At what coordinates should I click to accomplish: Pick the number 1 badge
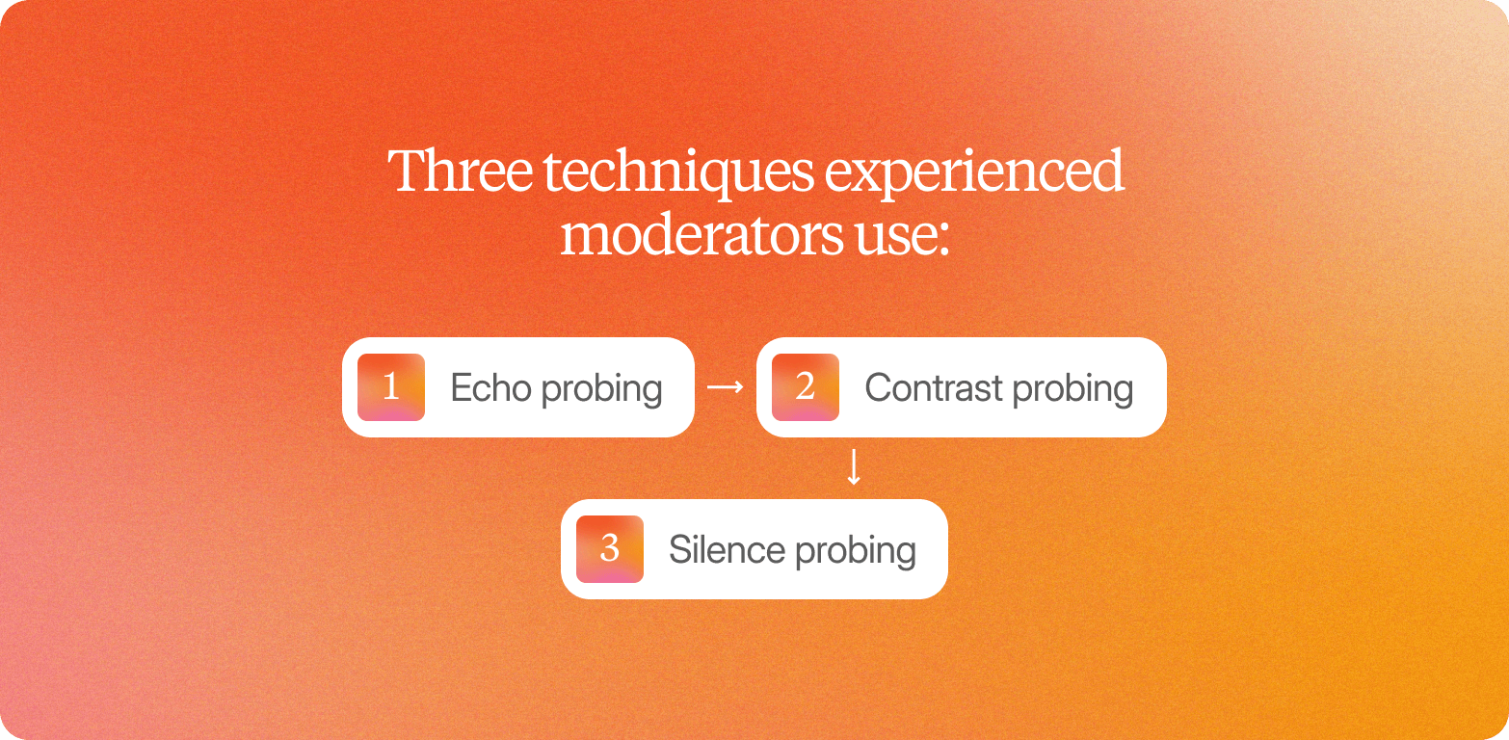(x=391, y=387)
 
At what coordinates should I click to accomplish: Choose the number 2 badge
(x=806, y=387)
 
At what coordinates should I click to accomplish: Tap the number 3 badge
(x=609, y=549)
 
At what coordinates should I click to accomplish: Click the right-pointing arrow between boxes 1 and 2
(x=725, y=387)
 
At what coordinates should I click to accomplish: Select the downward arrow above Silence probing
(x=853, y=468)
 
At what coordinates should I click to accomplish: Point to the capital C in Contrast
(x=877, y=388)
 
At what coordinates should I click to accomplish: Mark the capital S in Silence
(x=678, y=550)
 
